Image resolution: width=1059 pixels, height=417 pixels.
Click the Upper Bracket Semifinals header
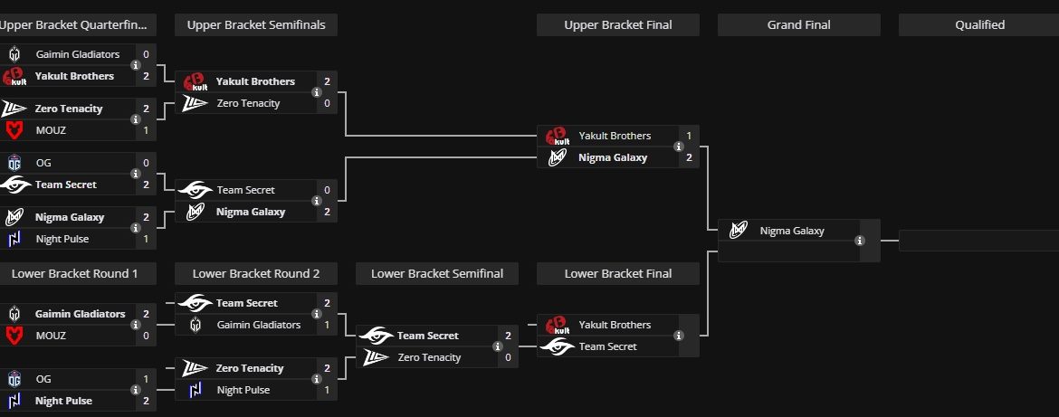(256, 24)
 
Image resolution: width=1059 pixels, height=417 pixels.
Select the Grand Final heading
(799, 24)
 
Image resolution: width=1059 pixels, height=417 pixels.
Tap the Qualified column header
(979, 24)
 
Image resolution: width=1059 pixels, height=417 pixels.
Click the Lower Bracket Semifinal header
(437, 272)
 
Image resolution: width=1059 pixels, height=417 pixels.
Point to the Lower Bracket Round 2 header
(256, 272)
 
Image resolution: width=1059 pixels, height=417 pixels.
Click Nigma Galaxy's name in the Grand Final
(792, 231)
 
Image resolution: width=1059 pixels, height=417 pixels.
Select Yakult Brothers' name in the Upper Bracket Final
(615, 136)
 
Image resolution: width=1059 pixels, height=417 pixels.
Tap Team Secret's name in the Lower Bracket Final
(607, 346)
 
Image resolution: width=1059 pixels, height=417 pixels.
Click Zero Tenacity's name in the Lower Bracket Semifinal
(429, 357)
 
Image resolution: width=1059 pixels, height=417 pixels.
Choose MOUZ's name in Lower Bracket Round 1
(51, 336)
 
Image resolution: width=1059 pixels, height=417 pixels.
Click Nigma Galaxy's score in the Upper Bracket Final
(689, 157)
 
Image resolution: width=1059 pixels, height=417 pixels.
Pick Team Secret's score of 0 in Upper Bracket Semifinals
(327, 190)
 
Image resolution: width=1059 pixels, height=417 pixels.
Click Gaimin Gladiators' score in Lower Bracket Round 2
(327, 325)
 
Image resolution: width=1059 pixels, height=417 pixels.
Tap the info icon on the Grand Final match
(859, 241)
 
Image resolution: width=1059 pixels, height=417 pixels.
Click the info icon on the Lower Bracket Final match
(678, 336)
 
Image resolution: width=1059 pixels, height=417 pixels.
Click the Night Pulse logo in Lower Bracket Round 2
(196, 390)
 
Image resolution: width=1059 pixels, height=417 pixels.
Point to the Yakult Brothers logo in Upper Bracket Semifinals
(196, 82)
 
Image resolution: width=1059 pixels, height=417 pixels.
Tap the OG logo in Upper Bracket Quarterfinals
(14, 163)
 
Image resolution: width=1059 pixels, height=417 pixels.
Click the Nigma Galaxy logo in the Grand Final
(739, 231)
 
